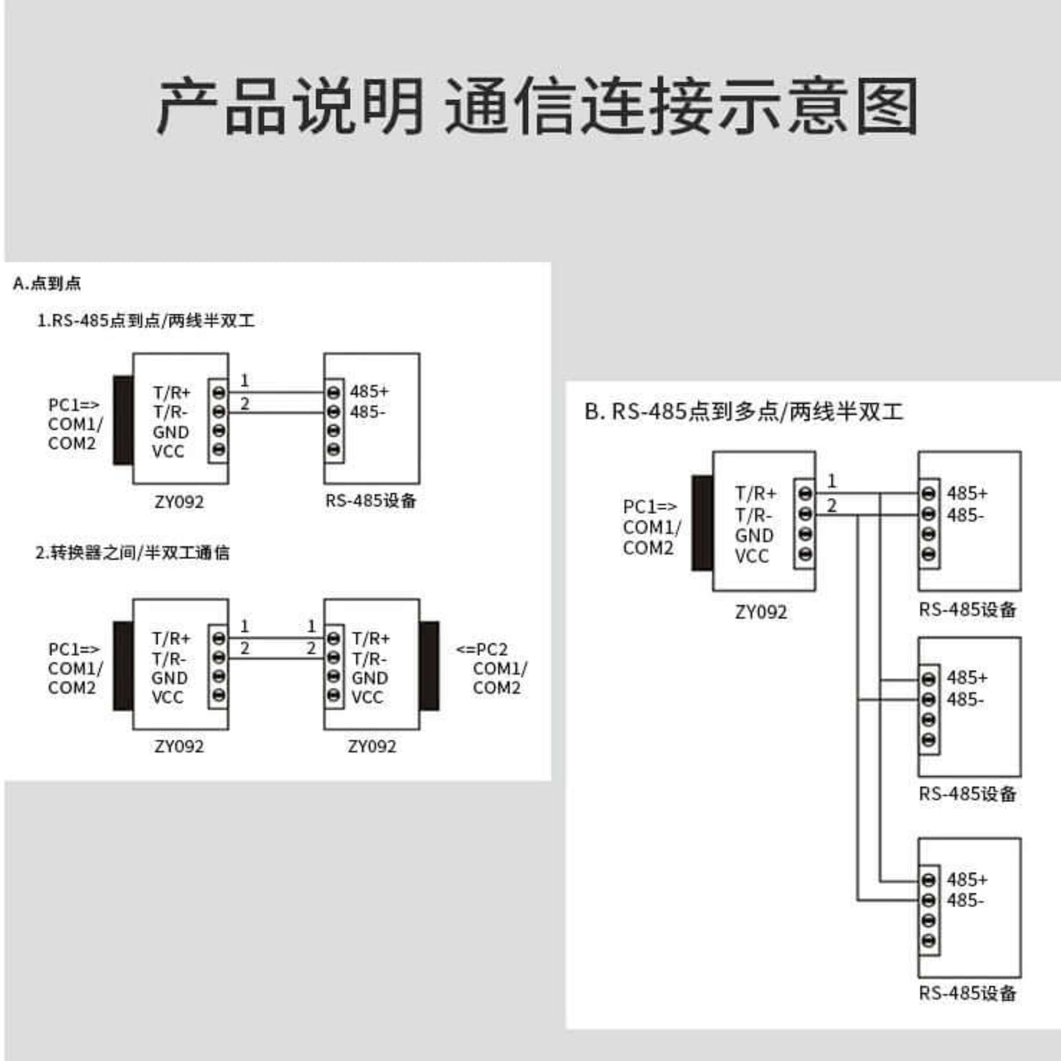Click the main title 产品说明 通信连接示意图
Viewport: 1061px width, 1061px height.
click(537, 108)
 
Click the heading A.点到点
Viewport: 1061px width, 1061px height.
click(47, 283)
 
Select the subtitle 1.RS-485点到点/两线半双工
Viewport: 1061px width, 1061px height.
click(145, 321)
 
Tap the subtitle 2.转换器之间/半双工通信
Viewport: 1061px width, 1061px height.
click(132, 553)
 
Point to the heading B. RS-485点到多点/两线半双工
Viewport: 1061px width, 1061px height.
click(743, 412)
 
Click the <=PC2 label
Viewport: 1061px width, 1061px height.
click(482, 650)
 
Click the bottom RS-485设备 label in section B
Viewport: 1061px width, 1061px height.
click(967, 993)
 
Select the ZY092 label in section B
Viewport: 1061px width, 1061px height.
click(761, 612)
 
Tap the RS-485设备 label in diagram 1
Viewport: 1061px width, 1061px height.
click(371, 501)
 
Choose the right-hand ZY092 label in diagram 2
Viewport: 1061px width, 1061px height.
click(372, 747)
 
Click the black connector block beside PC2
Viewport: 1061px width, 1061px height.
click(430, 666)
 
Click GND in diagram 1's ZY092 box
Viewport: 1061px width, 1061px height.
click(170, 432)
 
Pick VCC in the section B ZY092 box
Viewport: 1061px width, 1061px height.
click(752, 557)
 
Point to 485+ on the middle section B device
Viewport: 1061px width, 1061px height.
click(966, 678)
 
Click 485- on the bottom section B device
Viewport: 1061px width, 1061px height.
click(965, 901)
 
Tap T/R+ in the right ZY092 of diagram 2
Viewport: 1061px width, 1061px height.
click(371, 639)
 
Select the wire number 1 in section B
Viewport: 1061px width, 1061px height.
click(831, 482)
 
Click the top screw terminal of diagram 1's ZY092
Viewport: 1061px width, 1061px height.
click(218, 392)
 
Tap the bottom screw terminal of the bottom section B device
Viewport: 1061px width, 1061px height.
click(929, 941)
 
